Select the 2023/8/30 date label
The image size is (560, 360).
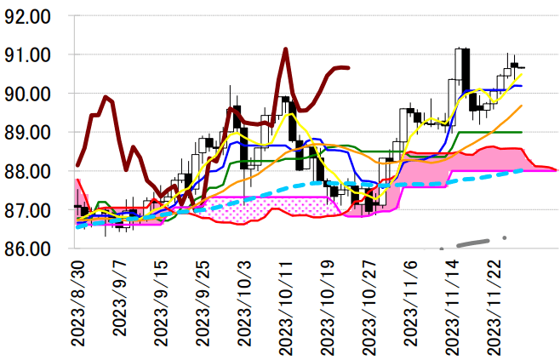point(78,303)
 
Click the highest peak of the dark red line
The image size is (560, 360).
point(285,49)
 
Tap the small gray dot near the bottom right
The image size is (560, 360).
point(505,238)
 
